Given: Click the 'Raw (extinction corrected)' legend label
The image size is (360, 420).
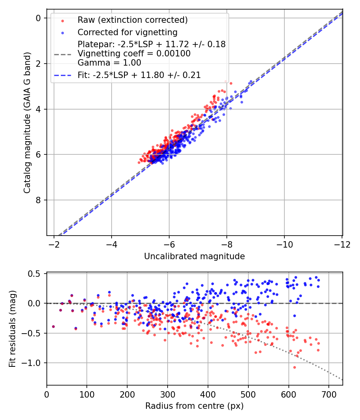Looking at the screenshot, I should click(133, 20).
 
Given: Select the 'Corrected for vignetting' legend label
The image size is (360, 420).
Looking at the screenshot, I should click(128, 32).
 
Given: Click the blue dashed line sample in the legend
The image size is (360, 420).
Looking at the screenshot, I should click(62, 75).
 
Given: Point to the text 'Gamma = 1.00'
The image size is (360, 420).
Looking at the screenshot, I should click(109, 62).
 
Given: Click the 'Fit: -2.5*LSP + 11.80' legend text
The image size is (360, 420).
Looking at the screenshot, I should click(139, 75).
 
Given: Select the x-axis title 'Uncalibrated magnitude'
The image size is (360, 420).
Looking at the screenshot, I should click(194, 256).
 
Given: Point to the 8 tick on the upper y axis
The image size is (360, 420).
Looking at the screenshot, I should click(39, 200).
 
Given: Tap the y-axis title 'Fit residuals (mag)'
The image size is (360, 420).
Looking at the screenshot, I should click(12, 328).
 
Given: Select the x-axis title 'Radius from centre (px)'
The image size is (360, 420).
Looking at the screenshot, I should click(194, 406).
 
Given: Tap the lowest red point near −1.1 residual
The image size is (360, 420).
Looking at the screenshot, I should click(294, 367).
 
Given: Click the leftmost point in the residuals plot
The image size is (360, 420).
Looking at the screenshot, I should click(53, 326).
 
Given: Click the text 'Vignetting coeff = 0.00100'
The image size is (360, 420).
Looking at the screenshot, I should click(134, 53).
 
